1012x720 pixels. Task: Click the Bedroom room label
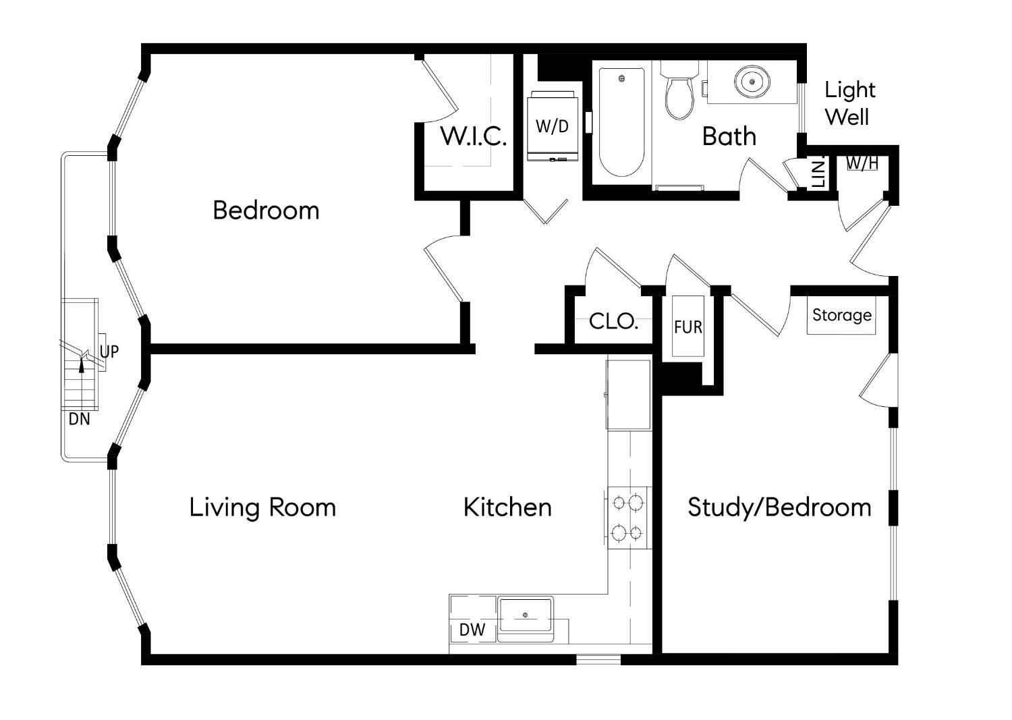266,211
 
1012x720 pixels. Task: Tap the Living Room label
262,507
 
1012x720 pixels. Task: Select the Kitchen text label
507,507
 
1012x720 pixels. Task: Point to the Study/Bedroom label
779,507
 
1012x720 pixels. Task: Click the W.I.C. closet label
473,136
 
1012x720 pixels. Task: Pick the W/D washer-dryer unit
553,126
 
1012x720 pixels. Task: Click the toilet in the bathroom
679,94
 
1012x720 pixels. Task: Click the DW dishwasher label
472,630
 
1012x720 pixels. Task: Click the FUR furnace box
688,327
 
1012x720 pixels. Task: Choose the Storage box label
841,316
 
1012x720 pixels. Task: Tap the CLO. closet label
613,322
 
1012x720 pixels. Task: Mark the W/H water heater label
862,163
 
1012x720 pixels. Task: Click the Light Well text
849,103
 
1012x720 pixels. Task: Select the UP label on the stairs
109,352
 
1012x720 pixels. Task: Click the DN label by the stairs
79,419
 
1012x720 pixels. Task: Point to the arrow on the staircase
82,365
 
